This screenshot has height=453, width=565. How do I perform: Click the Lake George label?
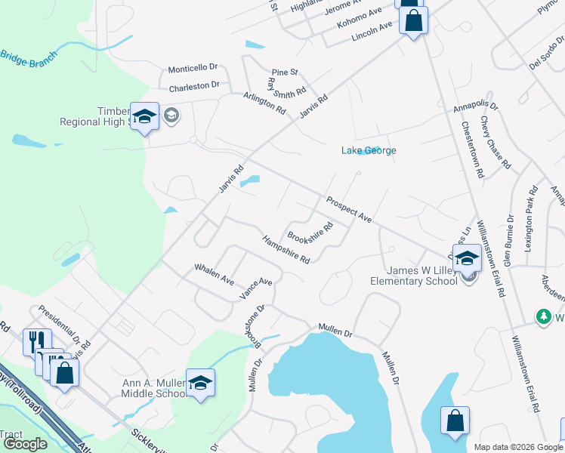368,150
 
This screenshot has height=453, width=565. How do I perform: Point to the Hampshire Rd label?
286,250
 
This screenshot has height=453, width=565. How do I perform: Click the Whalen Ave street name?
215,273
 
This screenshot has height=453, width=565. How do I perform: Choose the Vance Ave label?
256,288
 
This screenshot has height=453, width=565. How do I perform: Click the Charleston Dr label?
194,87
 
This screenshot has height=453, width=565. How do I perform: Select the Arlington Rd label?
264,103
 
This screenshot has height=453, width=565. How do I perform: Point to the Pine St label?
285,72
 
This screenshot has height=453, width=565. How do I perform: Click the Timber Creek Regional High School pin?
145,116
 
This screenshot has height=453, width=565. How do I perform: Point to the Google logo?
25,444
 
